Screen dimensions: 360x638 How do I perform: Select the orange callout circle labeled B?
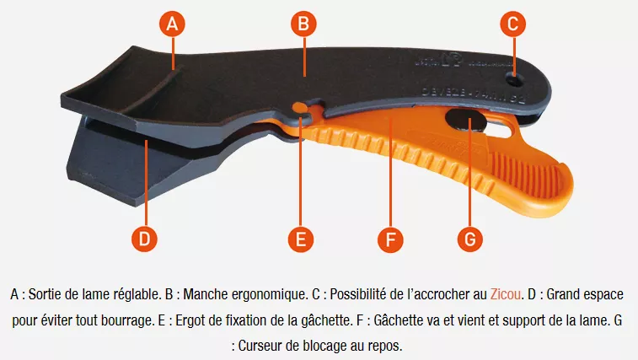coord(303,24)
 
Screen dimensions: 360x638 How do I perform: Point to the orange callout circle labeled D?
coord(145,239)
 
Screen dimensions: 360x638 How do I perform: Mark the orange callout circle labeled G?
coord(470,239)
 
